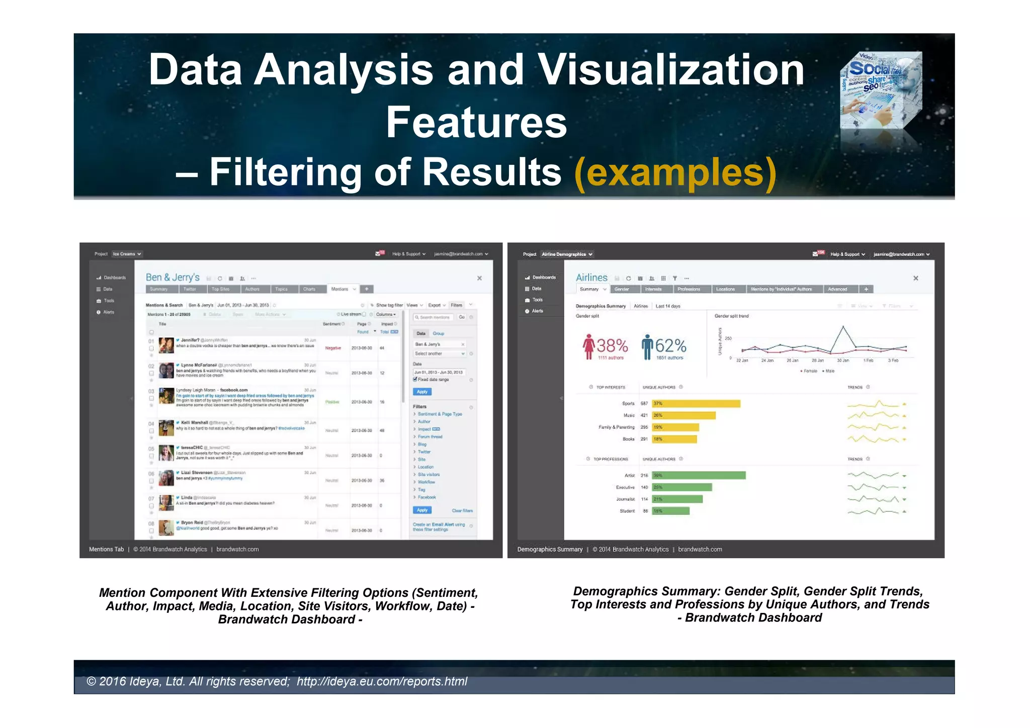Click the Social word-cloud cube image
click(x=881, y=90)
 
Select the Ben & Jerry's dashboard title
click(x=173, y=277)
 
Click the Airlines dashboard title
click(x=591, y=277)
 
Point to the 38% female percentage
click(x=612, y=346)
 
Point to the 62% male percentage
click(x=670, y=346)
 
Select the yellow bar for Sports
click(x=696, y=403)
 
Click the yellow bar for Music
click(x=683, y=415)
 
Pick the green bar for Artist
click(x=699, y=475)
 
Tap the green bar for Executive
click(x=681, y=487)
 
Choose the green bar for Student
click(x=670, y=511)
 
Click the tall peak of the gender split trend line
click(x=843, y=327)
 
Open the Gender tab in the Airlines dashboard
click(x=622, y=289)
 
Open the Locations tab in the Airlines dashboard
click(x=725, y=289)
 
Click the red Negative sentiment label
click(x=333, y=348)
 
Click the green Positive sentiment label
click(x=332, y=402)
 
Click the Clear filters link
click(x=462, y=510)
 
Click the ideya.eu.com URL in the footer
click(x=382, y=681)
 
